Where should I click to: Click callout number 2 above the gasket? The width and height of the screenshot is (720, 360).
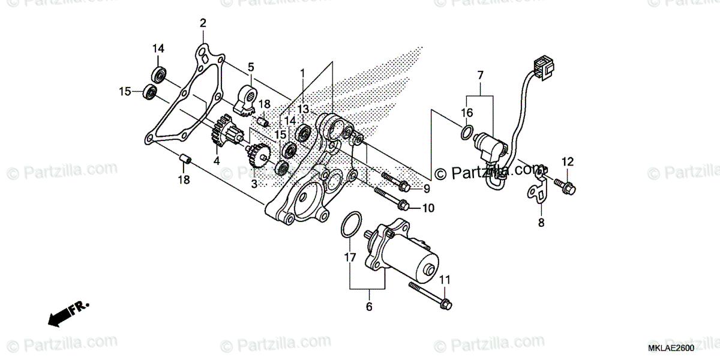point(203,23)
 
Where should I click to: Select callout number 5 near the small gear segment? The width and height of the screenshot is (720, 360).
point(251,67)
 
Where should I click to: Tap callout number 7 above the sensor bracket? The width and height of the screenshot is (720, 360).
point(480,75)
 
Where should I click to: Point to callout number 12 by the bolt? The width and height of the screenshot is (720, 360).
point(568,161)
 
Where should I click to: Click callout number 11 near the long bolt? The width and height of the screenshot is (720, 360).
point(444,280)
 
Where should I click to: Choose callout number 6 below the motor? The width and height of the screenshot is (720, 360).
point(368,307)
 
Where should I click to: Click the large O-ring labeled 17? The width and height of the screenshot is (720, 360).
point(350,224)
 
